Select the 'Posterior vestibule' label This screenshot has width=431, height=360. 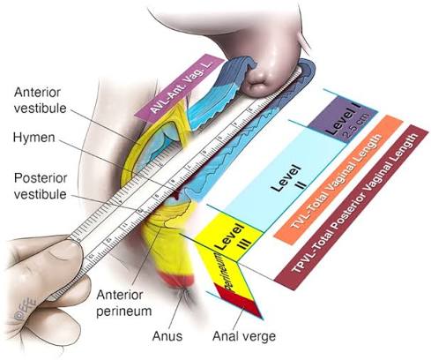41,186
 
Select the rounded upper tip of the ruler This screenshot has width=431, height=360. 310,69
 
